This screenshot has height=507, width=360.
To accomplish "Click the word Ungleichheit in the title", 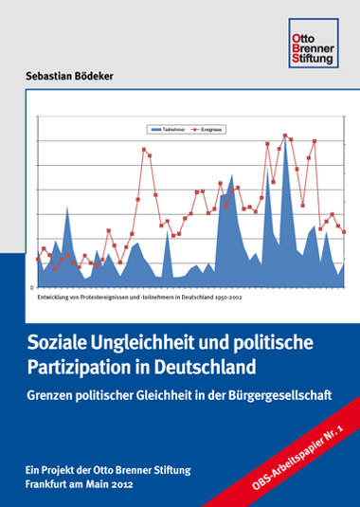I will [148, 340].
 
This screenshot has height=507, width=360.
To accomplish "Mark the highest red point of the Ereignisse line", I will [286, 136].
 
